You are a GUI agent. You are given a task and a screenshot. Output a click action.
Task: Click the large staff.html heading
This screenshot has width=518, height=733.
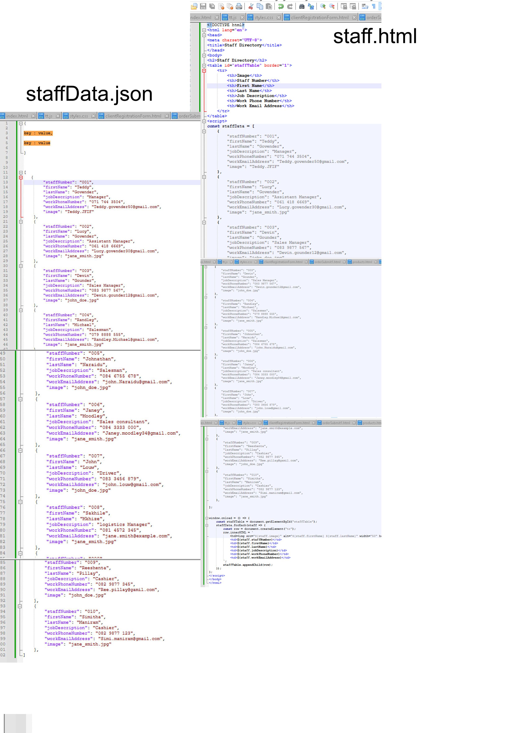(x=375, y=36)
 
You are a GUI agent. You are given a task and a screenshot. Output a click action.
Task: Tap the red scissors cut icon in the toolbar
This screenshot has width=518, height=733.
(x=251, y=6)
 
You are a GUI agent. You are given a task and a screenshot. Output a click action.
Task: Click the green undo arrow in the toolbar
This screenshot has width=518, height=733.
(x=281, y=6)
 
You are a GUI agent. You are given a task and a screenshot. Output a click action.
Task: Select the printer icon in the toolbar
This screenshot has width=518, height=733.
(x=239, y=6)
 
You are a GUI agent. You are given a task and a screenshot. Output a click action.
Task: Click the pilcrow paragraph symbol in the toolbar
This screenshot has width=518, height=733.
(x=374, y=6)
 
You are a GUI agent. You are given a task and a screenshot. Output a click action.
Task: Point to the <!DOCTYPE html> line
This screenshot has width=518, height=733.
(x=226, y=25)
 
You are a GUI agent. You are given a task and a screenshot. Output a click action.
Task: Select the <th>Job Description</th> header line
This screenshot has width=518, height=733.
(x=257, y=96)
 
